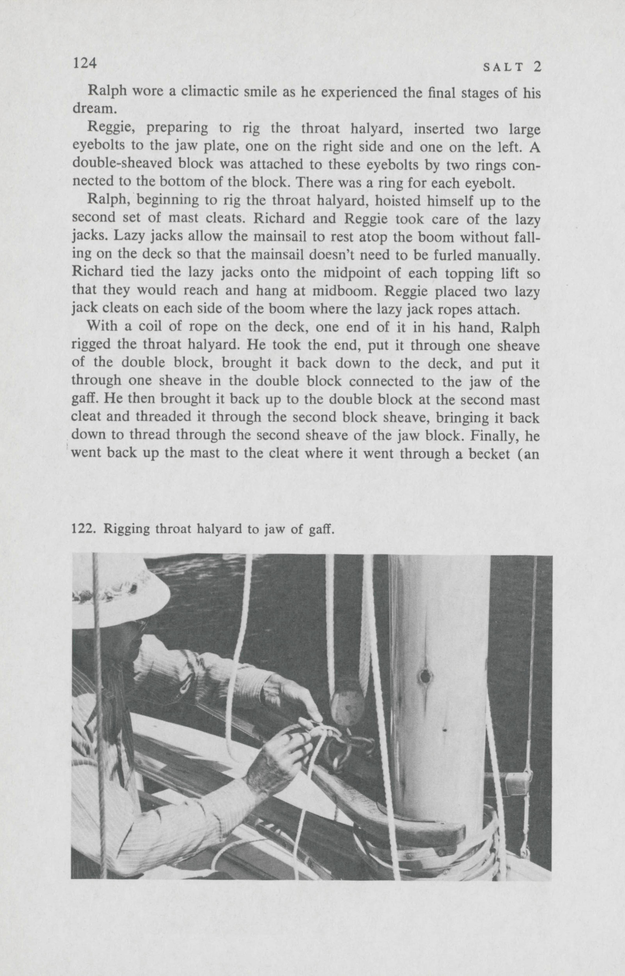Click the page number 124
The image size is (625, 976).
coord(84,63)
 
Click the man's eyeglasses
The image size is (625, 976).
coord(140,627)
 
